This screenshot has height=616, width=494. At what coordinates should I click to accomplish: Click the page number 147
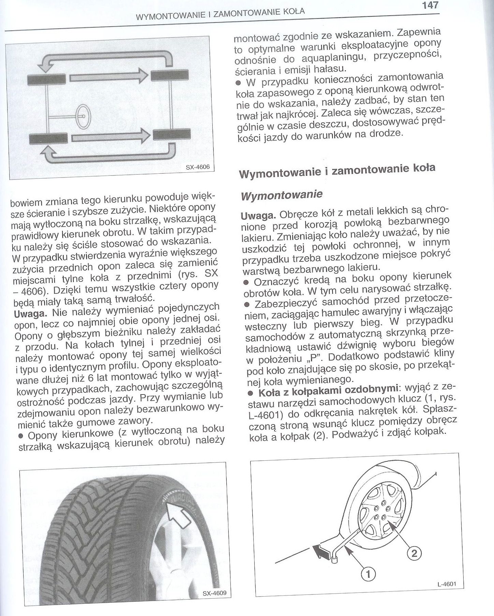tap(429, 6)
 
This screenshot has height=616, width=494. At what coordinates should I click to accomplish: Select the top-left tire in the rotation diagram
tap(46, 81)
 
